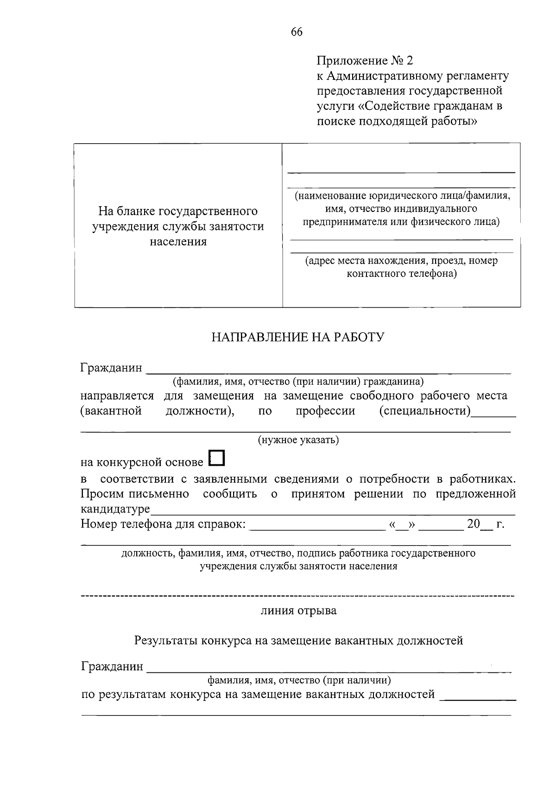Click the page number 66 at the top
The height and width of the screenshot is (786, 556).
(x=297, y=32)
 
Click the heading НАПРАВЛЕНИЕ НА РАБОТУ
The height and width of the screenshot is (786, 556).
(x=298, y=337)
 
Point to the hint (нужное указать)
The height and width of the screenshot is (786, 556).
(x=298, y=440)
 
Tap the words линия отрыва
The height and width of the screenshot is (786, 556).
(x=298, y=610)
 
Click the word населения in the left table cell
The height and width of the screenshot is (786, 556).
(x=178, y=241)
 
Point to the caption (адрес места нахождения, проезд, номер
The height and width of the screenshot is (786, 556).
(x=401, y=260)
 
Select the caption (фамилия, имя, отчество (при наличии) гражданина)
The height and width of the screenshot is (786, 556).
(x=298, y=382)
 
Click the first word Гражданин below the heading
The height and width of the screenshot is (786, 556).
(x=111, y=368)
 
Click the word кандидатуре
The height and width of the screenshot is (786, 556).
(x=115, y=509)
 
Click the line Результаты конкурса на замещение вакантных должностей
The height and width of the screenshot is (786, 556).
(x=298, y=640)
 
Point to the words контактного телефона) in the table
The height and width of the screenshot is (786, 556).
(x=402, y=273)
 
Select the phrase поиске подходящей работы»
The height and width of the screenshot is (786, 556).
(x=397, y=121)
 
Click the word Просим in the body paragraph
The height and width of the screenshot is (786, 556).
(x=102, y=494)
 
